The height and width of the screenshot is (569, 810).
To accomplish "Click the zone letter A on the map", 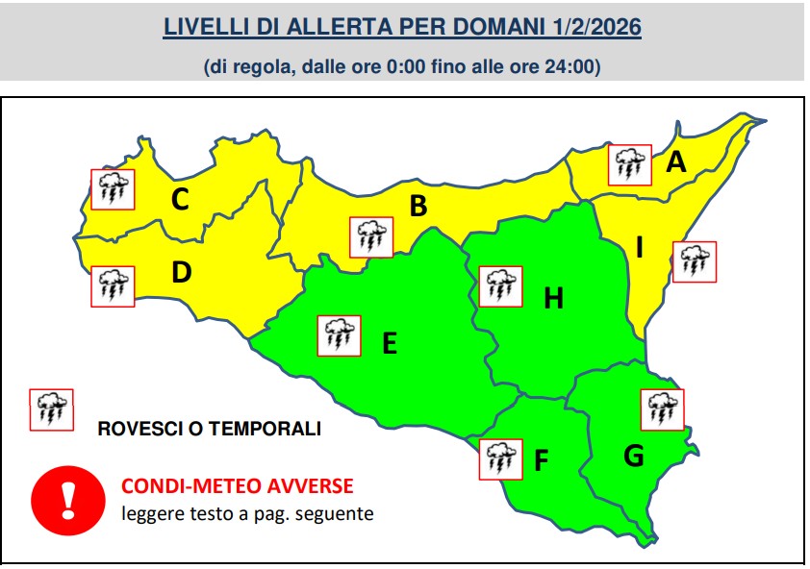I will pos(677,162).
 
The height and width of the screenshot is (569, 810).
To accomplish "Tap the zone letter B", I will pos(418,206).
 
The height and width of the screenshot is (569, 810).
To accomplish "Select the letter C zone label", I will pos(180,200).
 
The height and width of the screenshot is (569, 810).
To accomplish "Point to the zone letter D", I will pos(182,273).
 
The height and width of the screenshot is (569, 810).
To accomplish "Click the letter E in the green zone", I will pos(390,342).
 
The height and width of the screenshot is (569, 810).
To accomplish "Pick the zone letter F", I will pos(542,462).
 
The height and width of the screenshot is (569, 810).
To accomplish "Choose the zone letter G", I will pos(633,456).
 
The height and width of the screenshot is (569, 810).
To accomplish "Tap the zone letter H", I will pos(553,299).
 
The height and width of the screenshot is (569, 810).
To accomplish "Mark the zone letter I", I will pos(639,248).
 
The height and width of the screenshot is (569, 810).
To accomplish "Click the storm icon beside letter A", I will pos(630,164).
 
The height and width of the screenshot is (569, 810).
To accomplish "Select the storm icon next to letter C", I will pos(113,189).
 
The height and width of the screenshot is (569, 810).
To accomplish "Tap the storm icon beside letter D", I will pos(113,285).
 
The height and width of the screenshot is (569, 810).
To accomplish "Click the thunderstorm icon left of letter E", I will pos(339,335).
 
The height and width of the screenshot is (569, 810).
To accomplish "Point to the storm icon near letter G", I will pos(662,408).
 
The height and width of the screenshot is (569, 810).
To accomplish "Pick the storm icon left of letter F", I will pos(500,458).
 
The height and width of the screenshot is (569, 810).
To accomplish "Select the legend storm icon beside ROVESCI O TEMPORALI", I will pos(51,410).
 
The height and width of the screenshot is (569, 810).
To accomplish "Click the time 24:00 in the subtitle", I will pos(573,66).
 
